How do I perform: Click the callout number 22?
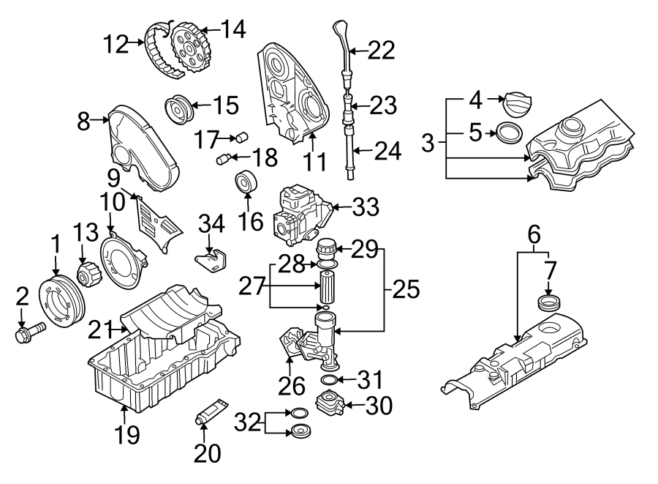point(380,50)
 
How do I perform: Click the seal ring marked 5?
point(509,133)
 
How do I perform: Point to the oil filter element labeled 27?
point(327,285)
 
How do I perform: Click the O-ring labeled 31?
point(329,379)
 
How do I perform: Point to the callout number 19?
point(126,436)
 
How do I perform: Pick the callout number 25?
point(406,290)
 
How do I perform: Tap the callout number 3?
point(428,142)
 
